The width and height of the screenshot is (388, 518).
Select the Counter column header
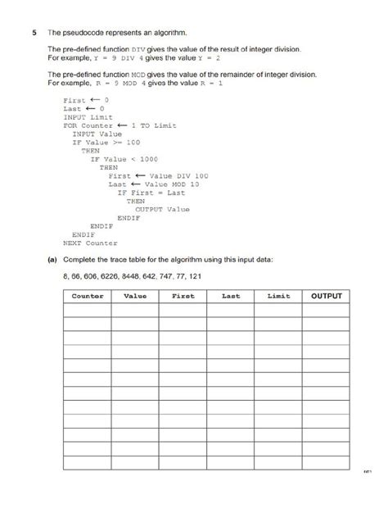click(87, 296)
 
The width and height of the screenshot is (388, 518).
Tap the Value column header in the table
click(134, 296)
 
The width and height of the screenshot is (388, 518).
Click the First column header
click(183, 296)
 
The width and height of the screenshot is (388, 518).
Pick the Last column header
click(231, 296)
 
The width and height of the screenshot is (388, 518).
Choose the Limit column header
click(278, 296)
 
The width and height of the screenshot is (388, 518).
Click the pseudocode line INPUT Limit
click(86, 117)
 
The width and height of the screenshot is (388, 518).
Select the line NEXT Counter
click(90, 243)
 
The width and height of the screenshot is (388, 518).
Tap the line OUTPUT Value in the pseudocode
click(162, 209)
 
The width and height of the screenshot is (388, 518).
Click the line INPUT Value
click(99, 134)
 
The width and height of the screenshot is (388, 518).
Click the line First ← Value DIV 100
click(158, 175)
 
